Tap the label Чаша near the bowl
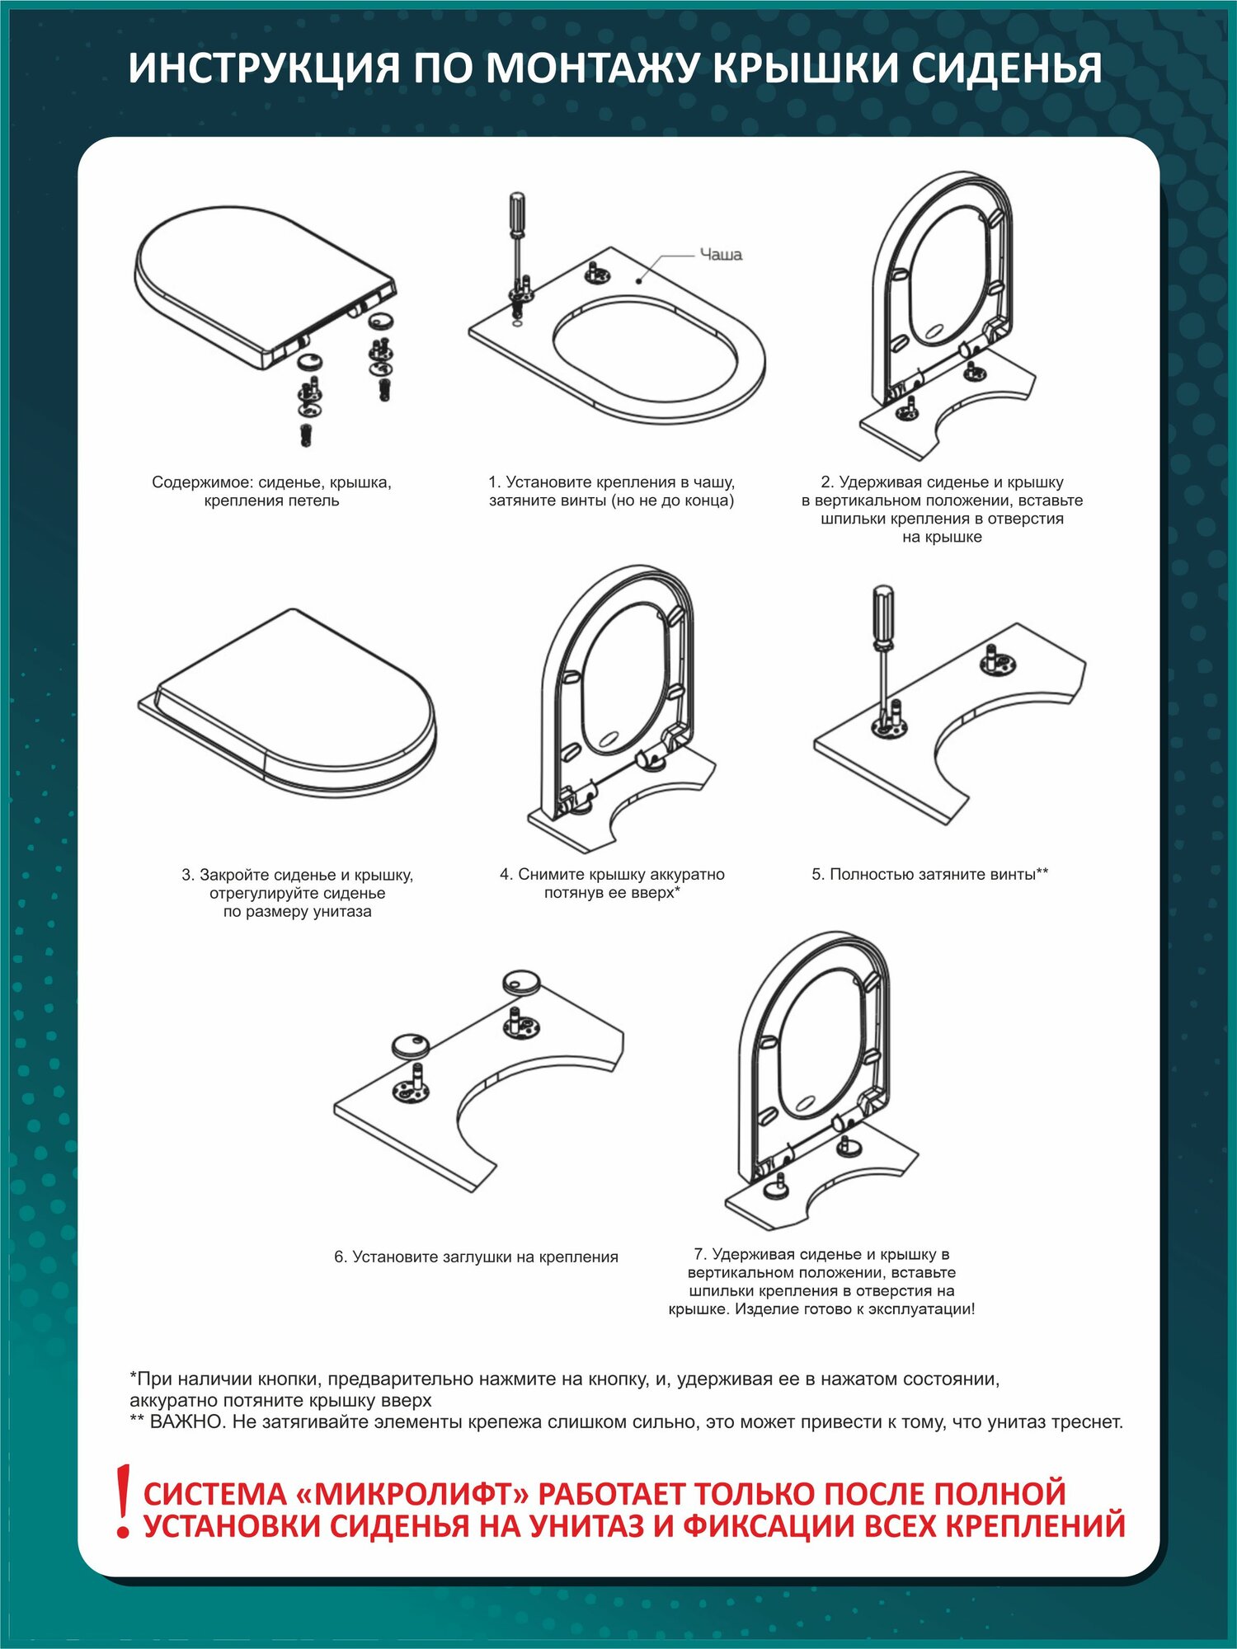click(x=721, y=255)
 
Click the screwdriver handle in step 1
click(x=516, y=214)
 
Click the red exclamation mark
click(x=124, y=1501)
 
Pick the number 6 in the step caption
click(x=340, y=1257)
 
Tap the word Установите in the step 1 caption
click(x=545, y=482)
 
